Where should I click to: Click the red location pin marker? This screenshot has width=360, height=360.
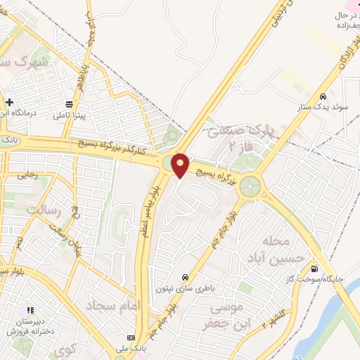pyautogui.click(x=180, y=165)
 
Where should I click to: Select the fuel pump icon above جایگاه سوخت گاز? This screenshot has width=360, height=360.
pyautogui.click(x=313, y=269)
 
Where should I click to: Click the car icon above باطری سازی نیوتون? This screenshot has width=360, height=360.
pyautogui.click(x=184, y=276)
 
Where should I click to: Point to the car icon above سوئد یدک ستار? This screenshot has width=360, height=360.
pyautogui.click(x=322, y=97)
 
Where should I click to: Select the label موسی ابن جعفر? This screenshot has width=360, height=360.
pyautogui.click(x=226, y=315)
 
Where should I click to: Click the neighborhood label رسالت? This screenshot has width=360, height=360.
pyautogui.click(x=45, y=210)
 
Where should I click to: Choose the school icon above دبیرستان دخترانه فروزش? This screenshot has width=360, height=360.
pyautogui.click(x=30, y=309)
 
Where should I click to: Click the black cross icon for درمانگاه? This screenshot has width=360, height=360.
pyautogui.click(x=9, y=102)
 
